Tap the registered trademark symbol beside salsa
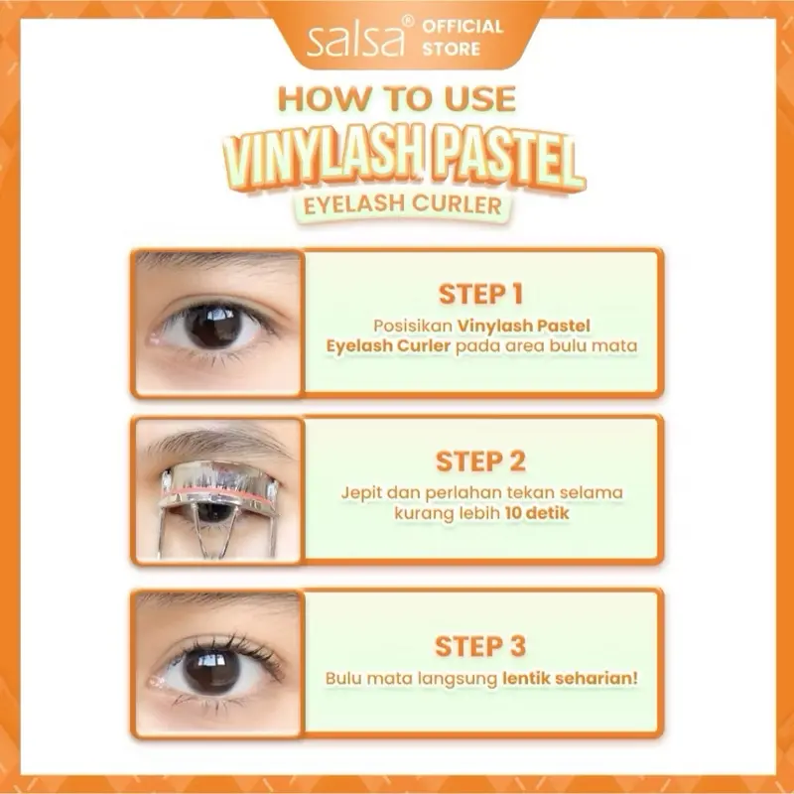408,22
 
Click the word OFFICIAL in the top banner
463,27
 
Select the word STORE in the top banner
452,49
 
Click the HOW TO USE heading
397,98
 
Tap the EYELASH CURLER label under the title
403,204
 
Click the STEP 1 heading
480,294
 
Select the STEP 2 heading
480,462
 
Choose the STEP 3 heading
480,647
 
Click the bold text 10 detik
537,513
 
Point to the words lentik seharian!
570,678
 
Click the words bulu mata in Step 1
594,345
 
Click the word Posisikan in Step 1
413,326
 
